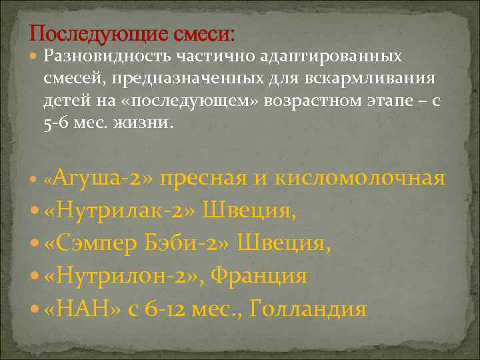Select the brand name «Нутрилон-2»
[124, 276]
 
